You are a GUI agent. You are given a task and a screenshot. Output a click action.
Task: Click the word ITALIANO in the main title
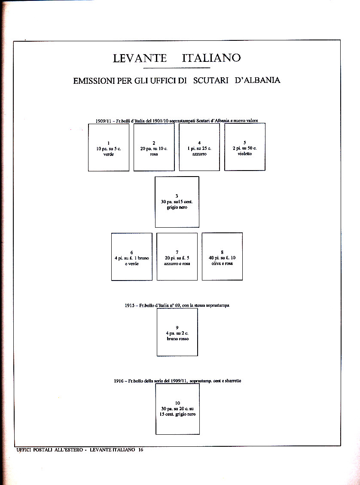211,58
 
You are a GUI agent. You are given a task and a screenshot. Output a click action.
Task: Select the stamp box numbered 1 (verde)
109,147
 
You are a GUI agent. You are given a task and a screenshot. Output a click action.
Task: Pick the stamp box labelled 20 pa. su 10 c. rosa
154,147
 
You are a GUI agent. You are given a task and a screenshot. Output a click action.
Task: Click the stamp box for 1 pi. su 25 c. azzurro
199,147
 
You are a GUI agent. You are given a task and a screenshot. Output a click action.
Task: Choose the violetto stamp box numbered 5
245,147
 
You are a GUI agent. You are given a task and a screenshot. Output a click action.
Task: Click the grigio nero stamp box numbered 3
177,202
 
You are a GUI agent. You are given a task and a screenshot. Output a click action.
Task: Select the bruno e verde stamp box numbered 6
131,256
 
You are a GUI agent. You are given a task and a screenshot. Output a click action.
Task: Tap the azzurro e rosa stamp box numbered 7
177,256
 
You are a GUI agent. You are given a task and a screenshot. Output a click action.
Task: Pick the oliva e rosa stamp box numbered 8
222,256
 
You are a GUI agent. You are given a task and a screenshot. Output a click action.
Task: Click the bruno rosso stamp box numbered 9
177,332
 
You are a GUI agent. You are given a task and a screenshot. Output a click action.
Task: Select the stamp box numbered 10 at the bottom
178,409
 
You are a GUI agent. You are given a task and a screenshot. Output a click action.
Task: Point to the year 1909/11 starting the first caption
104,121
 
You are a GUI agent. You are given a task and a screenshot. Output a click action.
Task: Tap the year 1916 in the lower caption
119,381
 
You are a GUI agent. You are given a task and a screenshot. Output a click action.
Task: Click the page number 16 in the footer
140,450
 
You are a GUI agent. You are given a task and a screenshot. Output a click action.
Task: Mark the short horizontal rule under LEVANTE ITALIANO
177,68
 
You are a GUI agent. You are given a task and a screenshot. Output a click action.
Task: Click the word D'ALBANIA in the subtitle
257,80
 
